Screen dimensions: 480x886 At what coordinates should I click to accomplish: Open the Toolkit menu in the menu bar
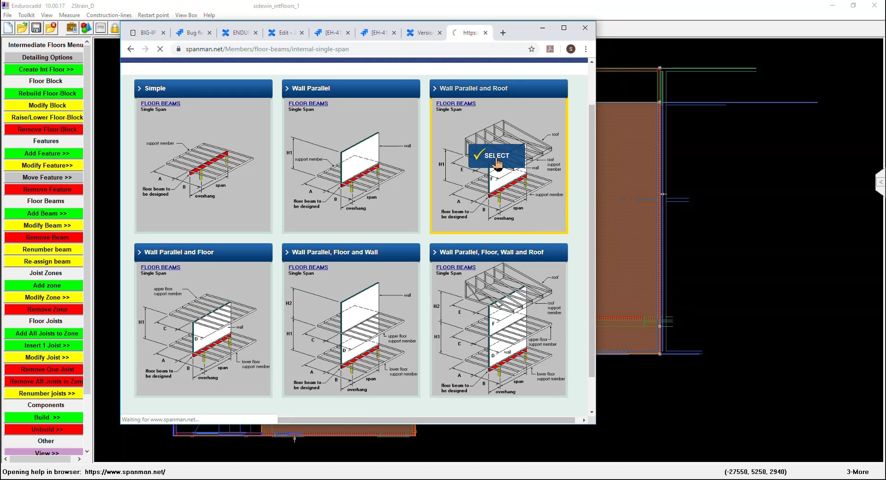26,15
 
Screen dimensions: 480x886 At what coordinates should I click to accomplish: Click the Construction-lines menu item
109,15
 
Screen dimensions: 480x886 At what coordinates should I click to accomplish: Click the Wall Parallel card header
351,88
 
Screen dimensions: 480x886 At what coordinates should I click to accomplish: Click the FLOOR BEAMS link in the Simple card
161,103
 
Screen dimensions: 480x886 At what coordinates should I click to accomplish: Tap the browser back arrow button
131,49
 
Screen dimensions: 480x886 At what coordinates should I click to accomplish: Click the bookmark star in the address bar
532,49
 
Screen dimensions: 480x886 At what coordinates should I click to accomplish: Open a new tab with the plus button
503,33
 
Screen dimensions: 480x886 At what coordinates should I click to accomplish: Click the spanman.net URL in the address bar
267,49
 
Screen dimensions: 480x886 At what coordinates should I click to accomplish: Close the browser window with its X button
585,28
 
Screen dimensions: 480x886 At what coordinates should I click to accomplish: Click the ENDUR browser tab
240,33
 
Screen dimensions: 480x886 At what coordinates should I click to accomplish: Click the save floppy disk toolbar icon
36,28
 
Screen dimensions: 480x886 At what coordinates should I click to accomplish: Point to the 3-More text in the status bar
857,472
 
